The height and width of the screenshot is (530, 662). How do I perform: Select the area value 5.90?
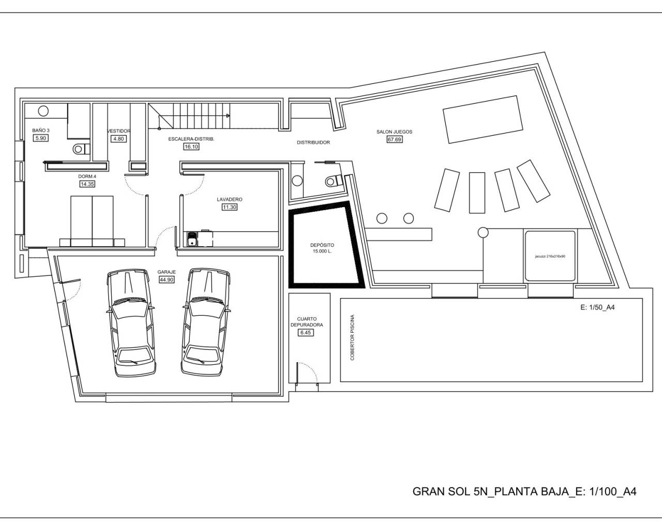(x=40, y=138)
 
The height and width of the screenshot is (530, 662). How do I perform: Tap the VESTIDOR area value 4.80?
(x=118, y=139)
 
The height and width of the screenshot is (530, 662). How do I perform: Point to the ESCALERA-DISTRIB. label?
(x=191, y=139)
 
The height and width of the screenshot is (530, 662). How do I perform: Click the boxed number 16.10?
(x=191, y=147)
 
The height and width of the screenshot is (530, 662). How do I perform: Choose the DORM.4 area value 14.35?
(x=87, y=184)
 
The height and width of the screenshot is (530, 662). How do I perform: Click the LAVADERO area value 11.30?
(x=229, y=207)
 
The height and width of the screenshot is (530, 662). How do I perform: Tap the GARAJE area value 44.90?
(x=167, y=279)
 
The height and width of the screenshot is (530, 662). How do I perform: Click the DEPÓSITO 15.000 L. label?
(x=322, y=248)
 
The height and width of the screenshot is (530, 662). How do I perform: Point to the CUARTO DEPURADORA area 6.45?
(x=306, y=332)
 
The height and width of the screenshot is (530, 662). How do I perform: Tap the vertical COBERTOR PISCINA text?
(x=353, y=337)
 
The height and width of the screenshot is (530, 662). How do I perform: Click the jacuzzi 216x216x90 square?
(x=550, y=256)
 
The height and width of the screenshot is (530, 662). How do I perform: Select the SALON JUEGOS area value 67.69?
(x=394, y=139)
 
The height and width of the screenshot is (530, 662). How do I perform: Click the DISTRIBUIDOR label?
(x=313, y=142)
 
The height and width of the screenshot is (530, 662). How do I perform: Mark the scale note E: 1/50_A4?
(x=597, y=307)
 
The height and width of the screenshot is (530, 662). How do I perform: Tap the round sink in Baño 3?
(x=43, y=110)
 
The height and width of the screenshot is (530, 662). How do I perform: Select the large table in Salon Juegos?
(x=481, y=119)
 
